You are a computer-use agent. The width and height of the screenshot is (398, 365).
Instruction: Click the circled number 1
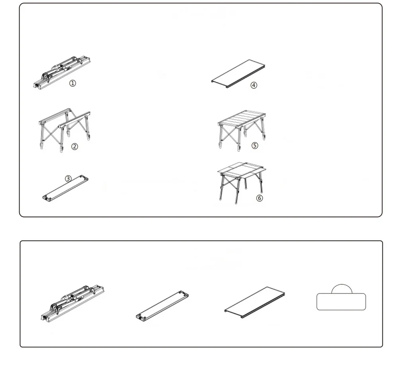click(72, 83)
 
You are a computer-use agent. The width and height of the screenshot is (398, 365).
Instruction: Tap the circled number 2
click(74, 147)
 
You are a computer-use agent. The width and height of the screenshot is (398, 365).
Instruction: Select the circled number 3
click(68, 179)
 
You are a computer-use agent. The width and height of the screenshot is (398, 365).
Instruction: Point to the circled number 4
click(254, 85)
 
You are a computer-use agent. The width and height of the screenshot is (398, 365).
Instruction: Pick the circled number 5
click(255, 145)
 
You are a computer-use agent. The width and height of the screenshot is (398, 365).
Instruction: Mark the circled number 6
click(259, 198)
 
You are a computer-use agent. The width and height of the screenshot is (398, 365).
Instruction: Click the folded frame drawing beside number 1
click(62, 72)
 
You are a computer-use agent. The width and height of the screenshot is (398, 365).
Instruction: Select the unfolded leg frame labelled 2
click(65, 130)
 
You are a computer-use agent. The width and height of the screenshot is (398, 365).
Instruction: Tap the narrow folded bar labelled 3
click(66, 188)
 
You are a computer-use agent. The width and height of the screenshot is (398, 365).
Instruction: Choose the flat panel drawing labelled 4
click(238, 74)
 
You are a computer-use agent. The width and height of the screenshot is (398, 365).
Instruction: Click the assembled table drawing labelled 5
click(242, 130)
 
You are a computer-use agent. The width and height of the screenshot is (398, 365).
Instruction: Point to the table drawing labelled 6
click(242, 183)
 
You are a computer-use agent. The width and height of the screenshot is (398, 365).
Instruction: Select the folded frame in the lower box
click(72, 304)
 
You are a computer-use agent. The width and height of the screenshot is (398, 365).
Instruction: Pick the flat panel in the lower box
click(255, 302)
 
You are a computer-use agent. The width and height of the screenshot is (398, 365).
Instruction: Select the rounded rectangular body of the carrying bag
click(341, 302)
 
